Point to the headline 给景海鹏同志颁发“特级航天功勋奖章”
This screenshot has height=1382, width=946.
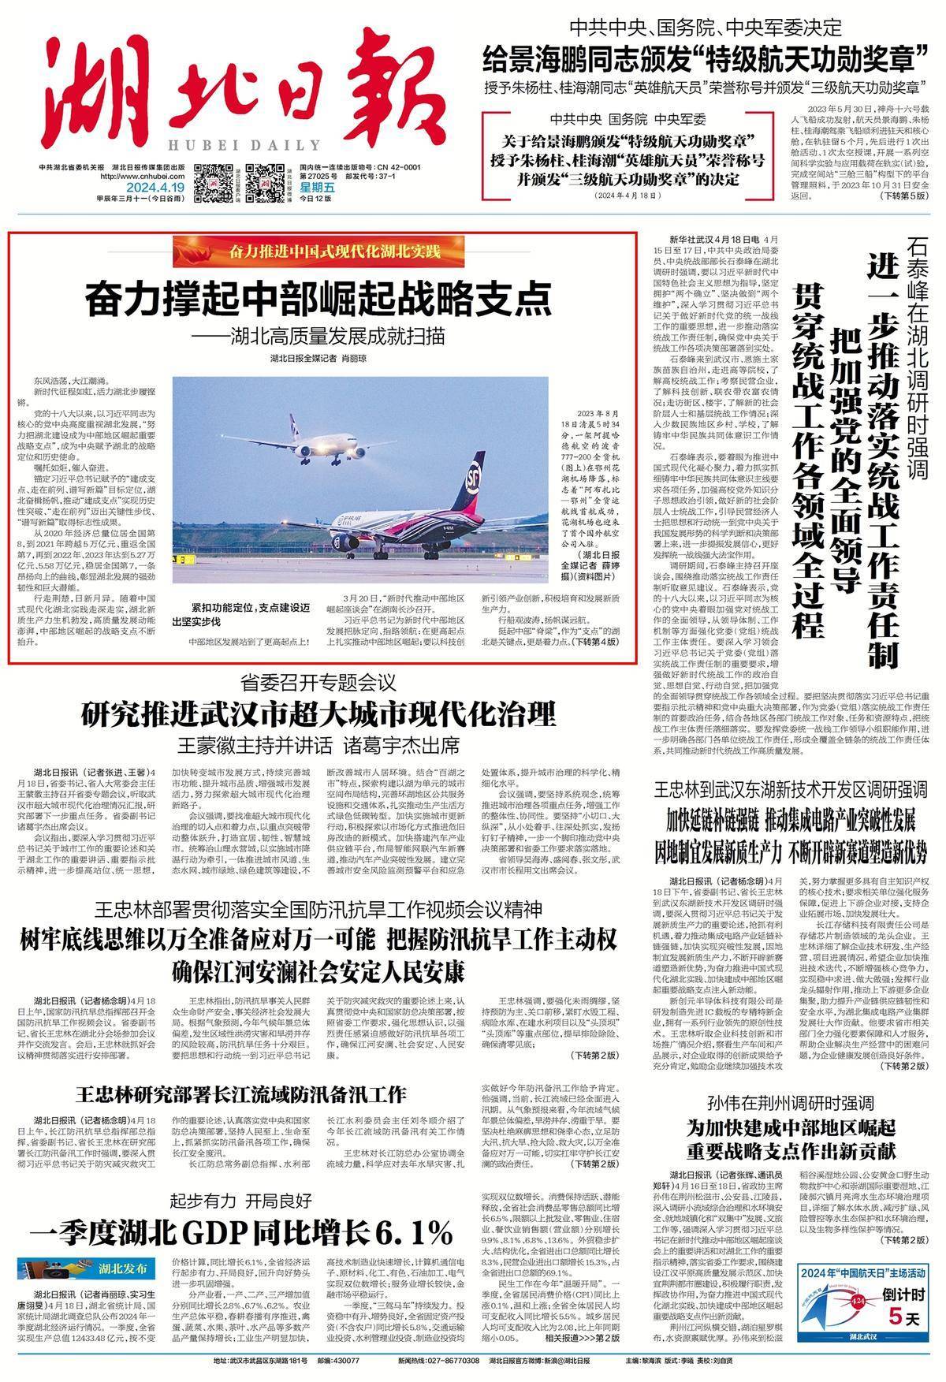706,57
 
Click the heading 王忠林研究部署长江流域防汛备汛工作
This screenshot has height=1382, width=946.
242,1094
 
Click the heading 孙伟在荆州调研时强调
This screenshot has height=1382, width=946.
791,1102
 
